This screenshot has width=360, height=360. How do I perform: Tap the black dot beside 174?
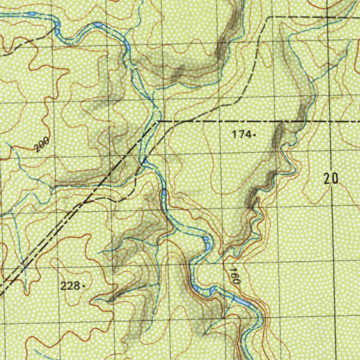254,134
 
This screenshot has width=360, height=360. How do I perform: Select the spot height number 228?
70,286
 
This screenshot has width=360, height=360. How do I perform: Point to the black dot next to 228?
83,286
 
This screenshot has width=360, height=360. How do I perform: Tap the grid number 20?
331,179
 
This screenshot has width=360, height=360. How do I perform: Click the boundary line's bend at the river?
158,121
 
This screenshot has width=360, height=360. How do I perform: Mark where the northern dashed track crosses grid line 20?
327,17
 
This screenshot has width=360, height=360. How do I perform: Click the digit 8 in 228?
76,286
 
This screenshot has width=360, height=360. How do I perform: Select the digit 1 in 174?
234,134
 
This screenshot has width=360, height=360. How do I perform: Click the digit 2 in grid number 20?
328,179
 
